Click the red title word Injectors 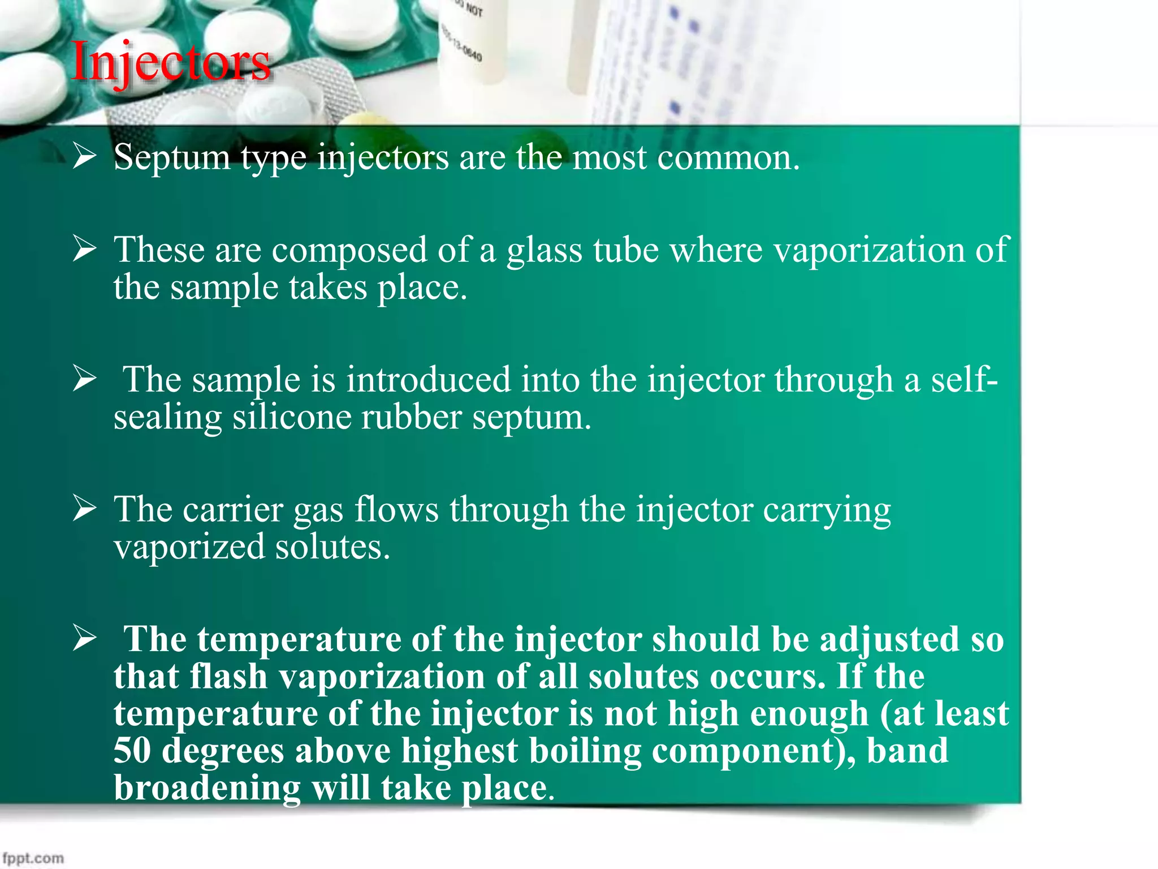171,62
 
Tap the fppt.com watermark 33,858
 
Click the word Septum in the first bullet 172,157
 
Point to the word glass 544,250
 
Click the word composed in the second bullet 349,250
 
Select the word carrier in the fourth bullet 233,509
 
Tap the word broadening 207,788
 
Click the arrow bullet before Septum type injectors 85,156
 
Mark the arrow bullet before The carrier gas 85,508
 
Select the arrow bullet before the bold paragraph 85,638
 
